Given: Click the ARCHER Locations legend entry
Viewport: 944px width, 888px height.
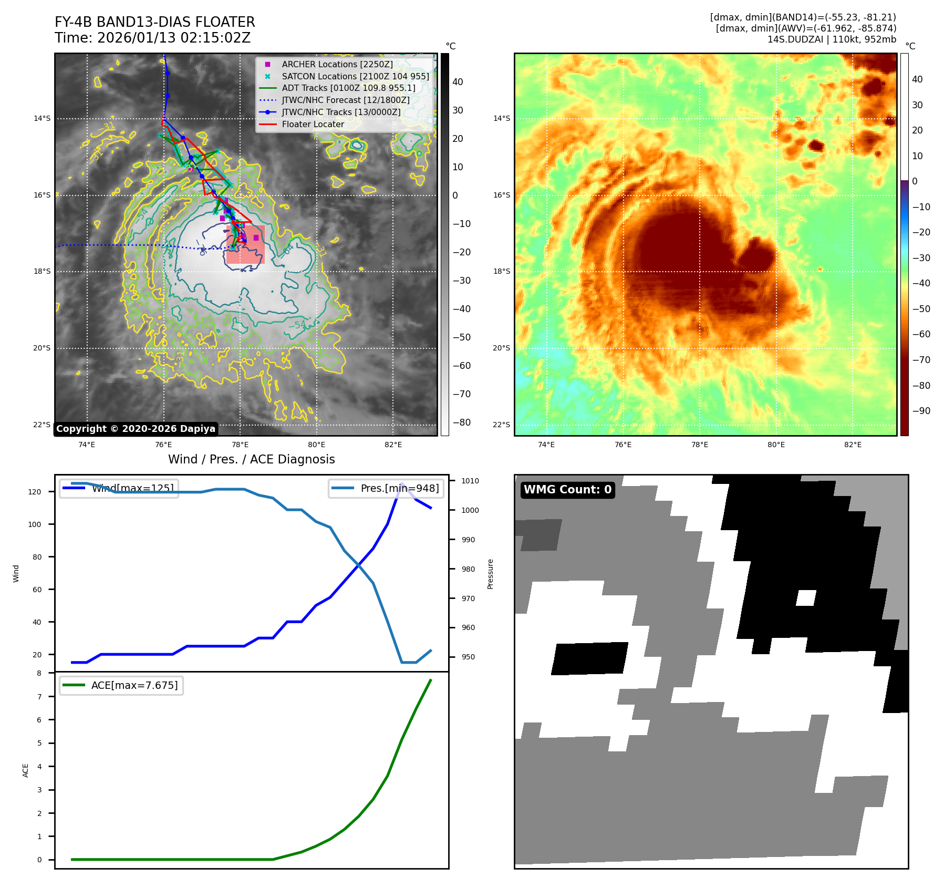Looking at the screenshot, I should click(x=337, y=64).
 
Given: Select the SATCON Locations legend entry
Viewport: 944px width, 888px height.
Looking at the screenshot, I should click(x=355, y=76).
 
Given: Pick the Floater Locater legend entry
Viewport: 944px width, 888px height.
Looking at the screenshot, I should click(x=313, y=125).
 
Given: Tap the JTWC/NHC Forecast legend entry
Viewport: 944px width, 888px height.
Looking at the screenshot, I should click(x=345, y=100).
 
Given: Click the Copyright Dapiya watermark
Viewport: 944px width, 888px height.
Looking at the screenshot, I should click(x=136, y=429).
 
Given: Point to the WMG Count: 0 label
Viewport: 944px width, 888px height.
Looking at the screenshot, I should click(x=567, y=490).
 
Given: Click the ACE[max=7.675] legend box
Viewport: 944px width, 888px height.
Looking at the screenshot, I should click(x=121, y=685).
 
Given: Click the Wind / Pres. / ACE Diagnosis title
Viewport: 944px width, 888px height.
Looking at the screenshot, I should click(x=251, y=459).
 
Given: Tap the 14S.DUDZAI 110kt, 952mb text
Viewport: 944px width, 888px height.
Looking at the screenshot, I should click(x=832, y=39).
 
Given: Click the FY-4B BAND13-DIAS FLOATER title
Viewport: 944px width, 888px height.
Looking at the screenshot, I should click(x=155, y=22).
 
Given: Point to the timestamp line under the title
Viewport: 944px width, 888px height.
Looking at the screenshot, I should click(x=153, y=38).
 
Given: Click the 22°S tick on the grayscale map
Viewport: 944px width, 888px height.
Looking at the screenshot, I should click(x=42, y=425).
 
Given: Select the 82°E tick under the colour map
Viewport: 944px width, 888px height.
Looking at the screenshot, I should click(x=853, y=445).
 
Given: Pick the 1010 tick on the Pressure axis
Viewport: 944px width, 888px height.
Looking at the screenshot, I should click(x=470, y=481).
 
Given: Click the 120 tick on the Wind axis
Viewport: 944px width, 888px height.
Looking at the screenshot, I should click(x=35, y=492).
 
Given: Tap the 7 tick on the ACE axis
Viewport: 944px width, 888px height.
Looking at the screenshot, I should click(x=39, y=697).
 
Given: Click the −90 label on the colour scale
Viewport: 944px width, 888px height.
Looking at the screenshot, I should click(x=921, y=411).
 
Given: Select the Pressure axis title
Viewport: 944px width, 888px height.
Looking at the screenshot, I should click(x=490, y=574).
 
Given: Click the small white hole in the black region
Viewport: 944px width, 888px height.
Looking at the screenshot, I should click(x=806, y=598).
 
